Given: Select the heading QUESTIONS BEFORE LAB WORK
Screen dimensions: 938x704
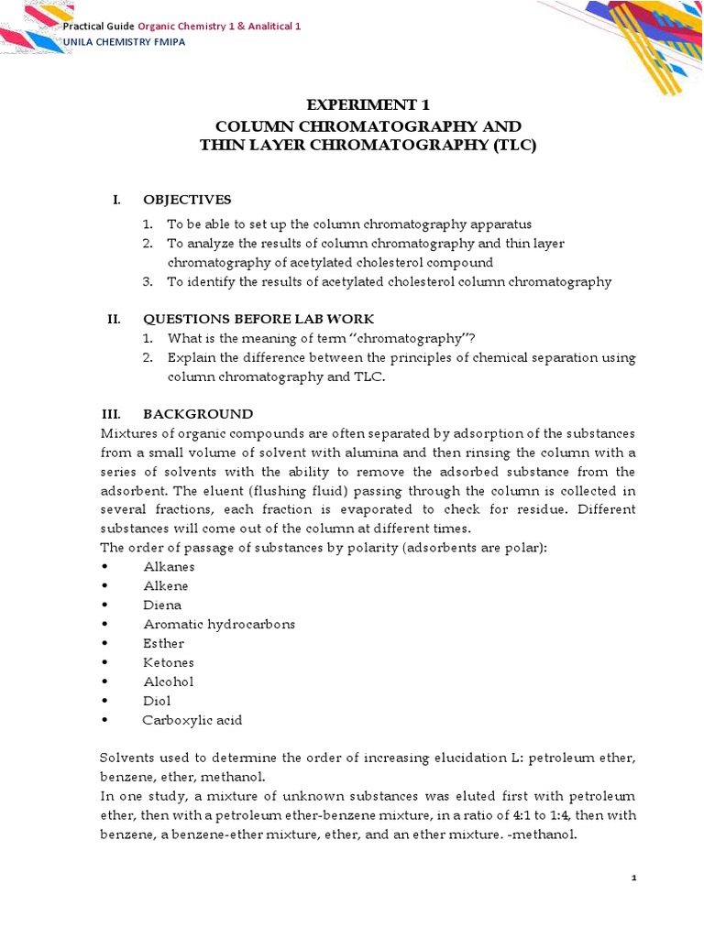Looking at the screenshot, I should point(258,319).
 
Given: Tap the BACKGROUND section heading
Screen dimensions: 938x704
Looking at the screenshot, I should point(198,414).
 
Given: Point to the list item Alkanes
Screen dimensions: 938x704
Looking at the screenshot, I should point(169,566).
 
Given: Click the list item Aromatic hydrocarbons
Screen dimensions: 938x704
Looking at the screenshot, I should point(219,624).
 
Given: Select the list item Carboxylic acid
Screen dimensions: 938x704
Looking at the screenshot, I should point(192,720).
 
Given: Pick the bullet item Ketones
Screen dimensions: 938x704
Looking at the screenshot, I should point(169,662).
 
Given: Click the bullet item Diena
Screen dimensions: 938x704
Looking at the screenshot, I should point(162,605).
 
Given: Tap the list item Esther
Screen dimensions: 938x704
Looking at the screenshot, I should point(163,643).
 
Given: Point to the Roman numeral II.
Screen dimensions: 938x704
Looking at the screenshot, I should point(114,319).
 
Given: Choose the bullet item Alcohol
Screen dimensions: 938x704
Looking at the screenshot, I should point(169,682).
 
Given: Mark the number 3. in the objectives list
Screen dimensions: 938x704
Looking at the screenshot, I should point(147,282).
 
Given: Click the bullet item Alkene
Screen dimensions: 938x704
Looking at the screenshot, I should point(166,585).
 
